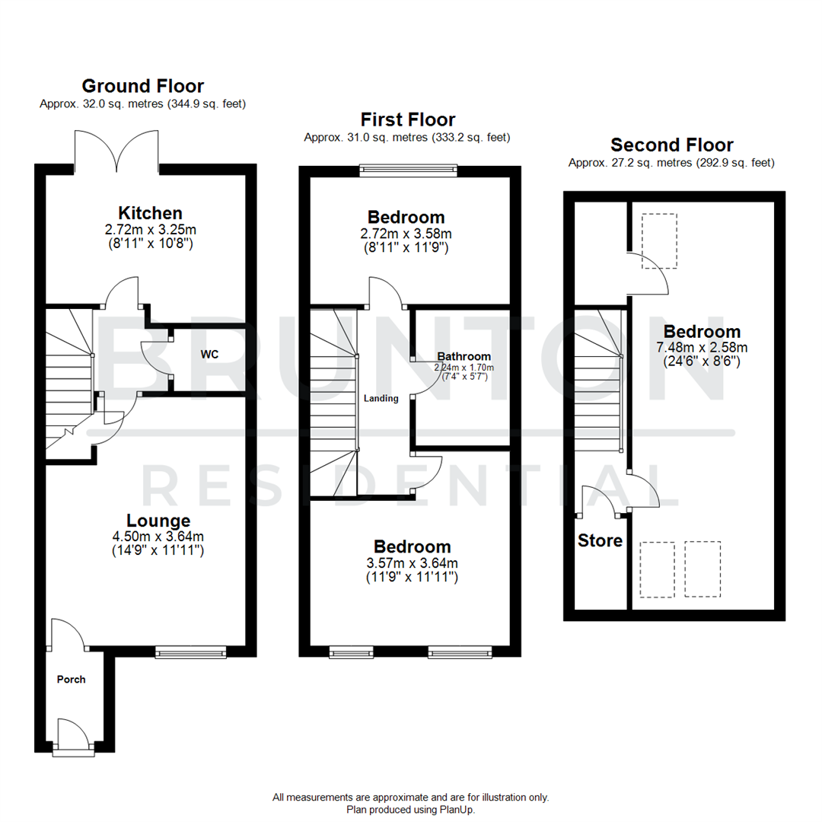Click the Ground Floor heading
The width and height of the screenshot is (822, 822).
tap(142, 85)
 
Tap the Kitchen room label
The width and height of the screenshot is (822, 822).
tap(150, 212)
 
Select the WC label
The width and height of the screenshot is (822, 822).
tap(211, 355)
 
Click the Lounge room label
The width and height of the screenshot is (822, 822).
tap(158, 521)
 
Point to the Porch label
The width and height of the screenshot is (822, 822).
tap(72, 680)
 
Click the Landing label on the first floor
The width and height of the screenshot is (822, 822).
tap(381, 398)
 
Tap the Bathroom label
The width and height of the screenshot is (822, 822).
tap(464, 355)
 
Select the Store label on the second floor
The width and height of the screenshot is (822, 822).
tap(600, 541)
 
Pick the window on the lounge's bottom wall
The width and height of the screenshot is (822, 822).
tap(190, 651)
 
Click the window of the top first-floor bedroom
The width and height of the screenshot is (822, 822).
tap(409, 171)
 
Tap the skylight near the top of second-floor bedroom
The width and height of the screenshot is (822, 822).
tap(659, 241)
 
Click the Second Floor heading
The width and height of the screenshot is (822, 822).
tap(672, 145)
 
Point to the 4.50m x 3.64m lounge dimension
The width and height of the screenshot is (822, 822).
tap(158, 536)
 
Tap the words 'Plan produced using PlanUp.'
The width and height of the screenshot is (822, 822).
tap(410, 810)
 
